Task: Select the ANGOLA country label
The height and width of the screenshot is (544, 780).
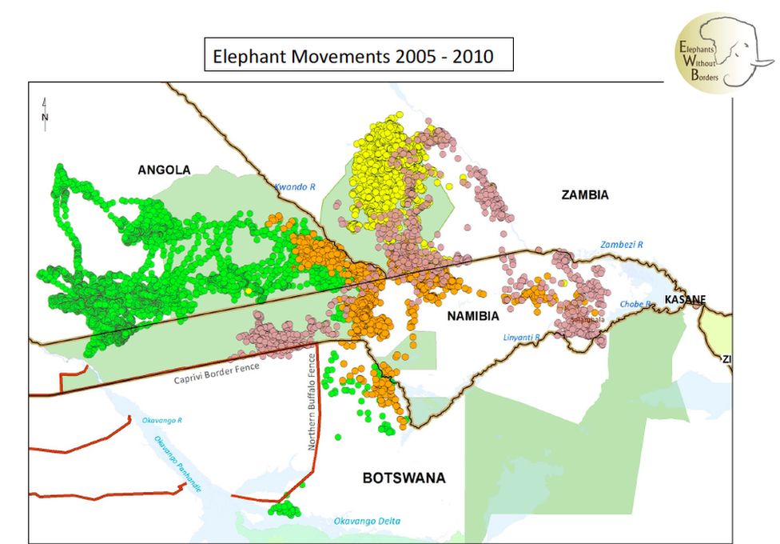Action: (164, 170)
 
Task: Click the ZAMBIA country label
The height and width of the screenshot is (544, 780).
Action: (584, 195)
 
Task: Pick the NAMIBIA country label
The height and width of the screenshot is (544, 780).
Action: (473, 315)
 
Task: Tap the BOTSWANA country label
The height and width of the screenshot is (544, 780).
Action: (404, 478)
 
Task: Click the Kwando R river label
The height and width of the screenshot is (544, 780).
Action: (295, 186)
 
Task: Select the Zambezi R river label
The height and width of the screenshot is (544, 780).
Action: (622, 244)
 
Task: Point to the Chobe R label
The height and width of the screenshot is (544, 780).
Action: (636, 304)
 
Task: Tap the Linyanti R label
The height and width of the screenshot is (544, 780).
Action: (521, 338)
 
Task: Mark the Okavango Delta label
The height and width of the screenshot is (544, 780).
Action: (366, 522)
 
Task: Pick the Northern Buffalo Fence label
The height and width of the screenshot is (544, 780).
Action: (314, 400)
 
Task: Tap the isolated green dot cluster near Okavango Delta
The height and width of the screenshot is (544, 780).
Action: (283, 509)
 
